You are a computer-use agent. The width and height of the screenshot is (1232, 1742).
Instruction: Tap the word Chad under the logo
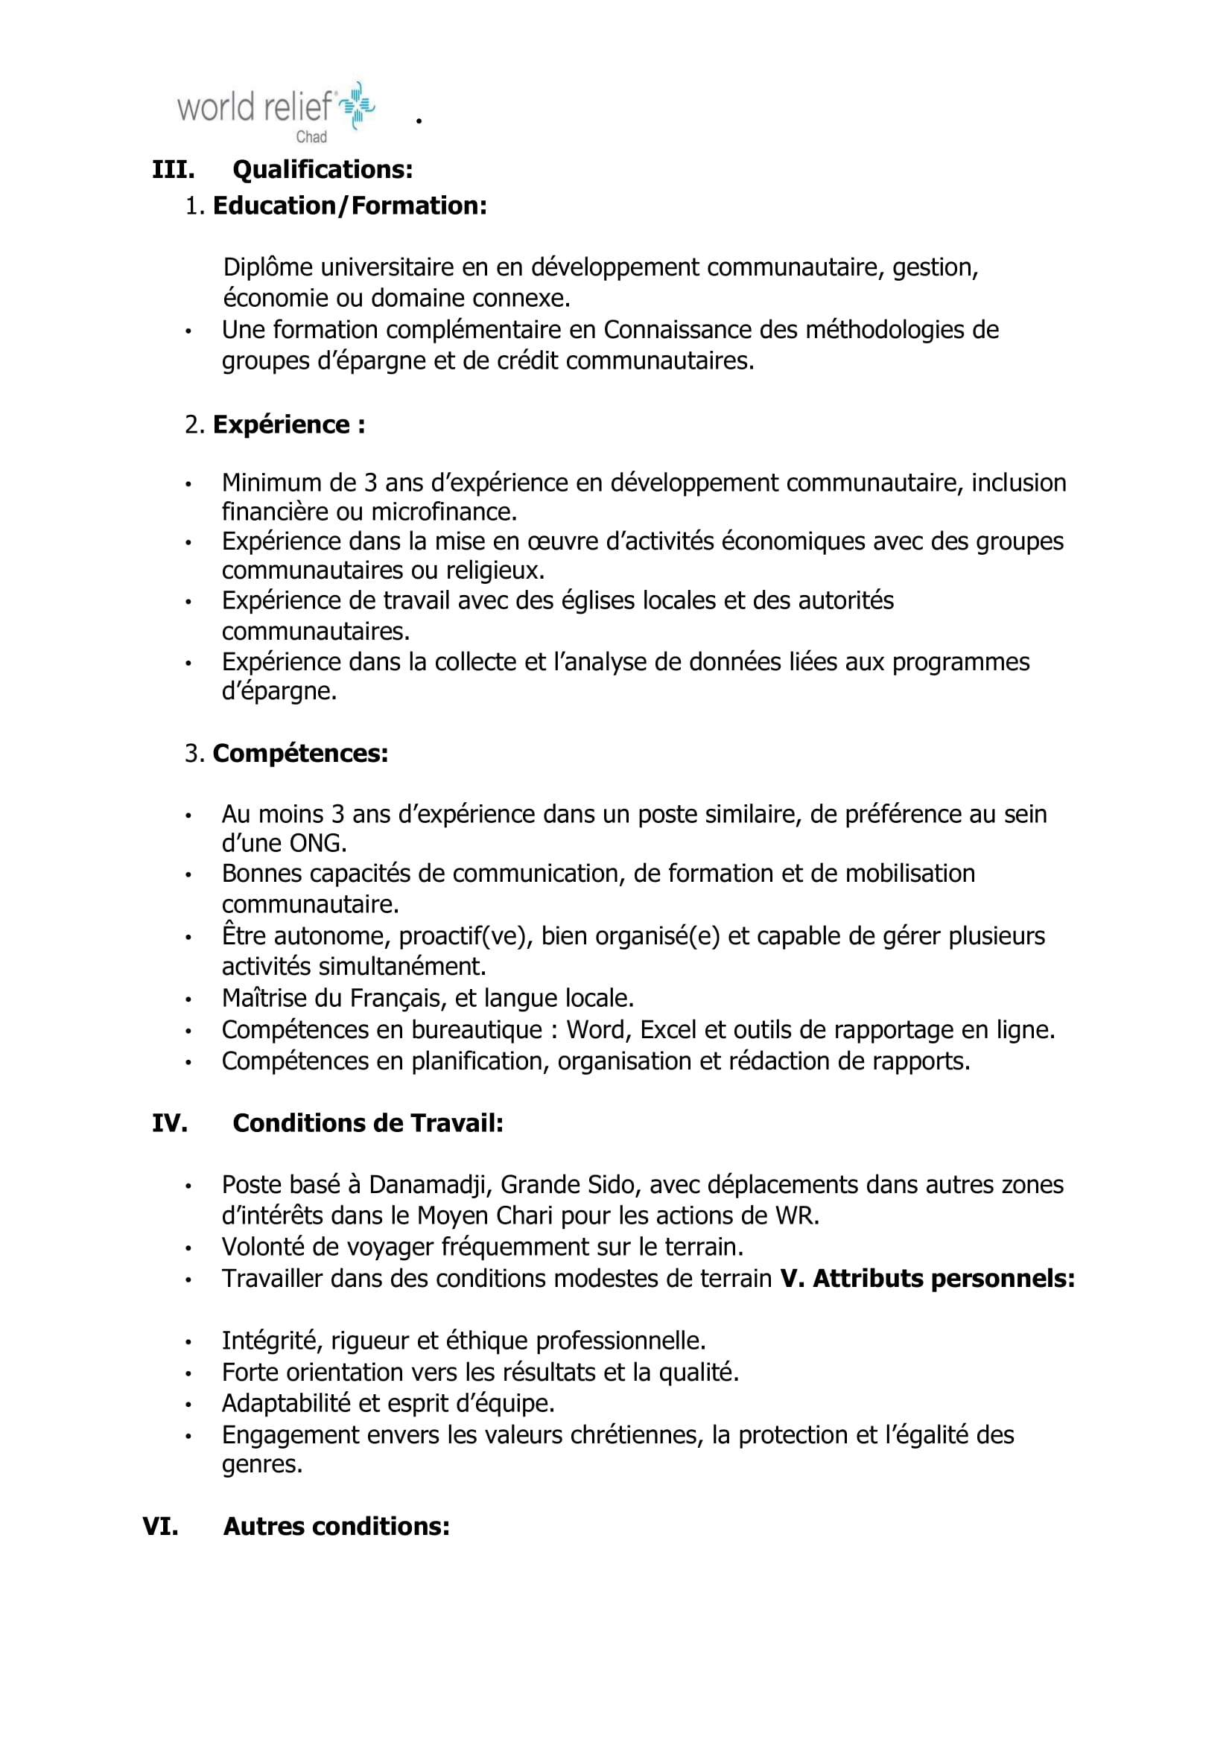(x=311, y=136)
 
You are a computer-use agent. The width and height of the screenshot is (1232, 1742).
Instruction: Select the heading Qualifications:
(x=323, y=169)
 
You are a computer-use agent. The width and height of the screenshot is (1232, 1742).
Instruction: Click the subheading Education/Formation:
(x=350, y=206)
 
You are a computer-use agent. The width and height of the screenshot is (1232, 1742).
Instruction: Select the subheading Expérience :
(x=288, y=425)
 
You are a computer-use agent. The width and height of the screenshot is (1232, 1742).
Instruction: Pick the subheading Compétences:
(x=300, y=754)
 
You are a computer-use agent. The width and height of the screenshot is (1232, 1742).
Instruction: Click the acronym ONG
(x=317, y=843)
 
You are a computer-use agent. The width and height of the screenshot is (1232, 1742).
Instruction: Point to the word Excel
(x=669, y=1029)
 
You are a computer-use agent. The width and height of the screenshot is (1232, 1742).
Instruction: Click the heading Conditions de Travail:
(x=368, y=1123)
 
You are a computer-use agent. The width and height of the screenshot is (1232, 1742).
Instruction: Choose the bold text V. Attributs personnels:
(x=927, y=1279)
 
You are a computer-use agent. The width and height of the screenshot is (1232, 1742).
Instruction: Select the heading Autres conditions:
(x=336, y=1526)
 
